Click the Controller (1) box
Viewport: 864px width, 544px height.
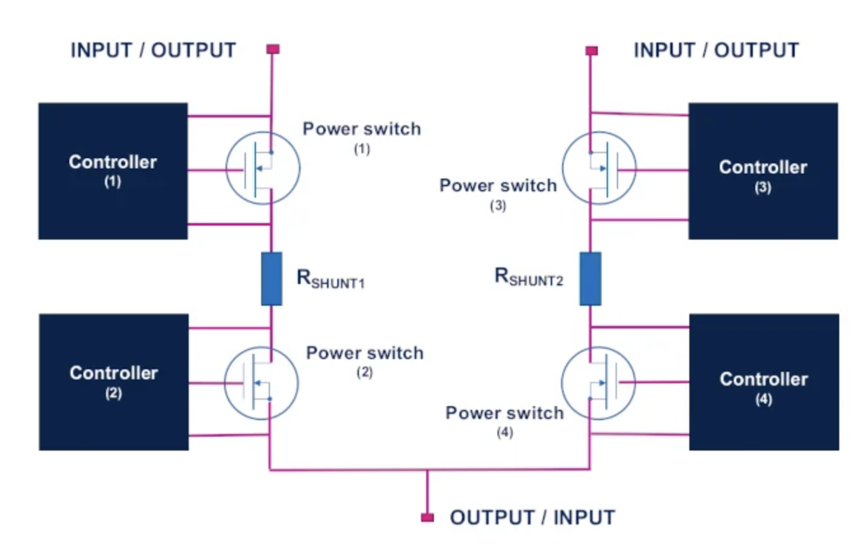tap(113, 171)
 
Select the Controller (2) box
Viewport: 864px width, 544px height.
tap(114, 381)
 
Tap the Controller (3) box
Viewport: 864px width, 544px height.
tap(762, 171)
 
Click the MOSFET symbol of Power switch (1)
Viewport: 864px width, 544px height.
tap(263, 168)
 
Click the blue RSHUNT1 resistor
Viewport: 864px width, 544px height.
tap(271, 278)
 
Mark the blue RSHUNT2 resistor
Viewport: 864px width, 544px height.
tap(590, 278)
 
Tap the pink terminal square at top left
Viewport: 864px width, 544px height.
tap(273, 49)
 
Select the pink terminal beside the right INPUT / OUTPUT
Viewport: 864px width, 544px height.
tap(591, 50)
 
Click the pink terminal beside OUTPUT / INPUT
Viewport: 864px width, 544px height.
tap(428, 517)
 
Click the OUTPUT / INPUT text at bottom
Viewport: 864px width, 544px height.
tap(532, 517)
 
